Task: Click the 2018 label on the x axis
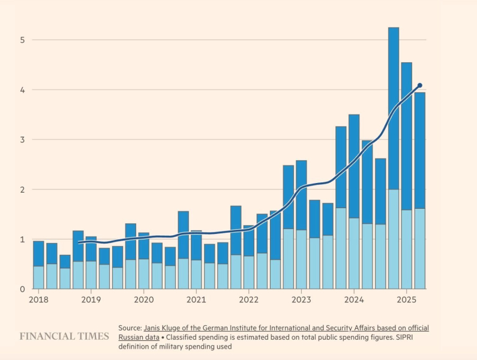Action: (38, 300)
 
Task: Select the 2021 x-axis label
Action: (196, 300)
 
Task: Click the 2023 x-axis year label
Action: (301, 300)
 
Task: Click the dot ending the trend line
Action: (419, 85)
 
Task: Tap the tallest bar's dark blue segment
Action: (394, 108)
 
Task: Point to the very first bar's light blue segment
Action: (38, 277)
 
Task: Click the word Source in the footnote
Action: (130, 328)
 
